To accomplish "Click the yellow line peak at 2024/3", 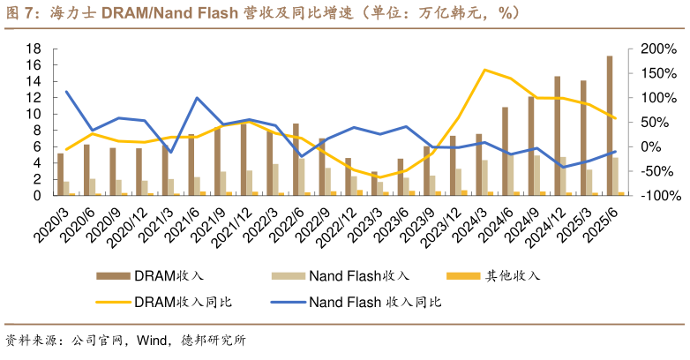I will coord(484,70).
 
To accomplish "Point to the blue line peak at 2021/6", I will coord(196,98).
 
